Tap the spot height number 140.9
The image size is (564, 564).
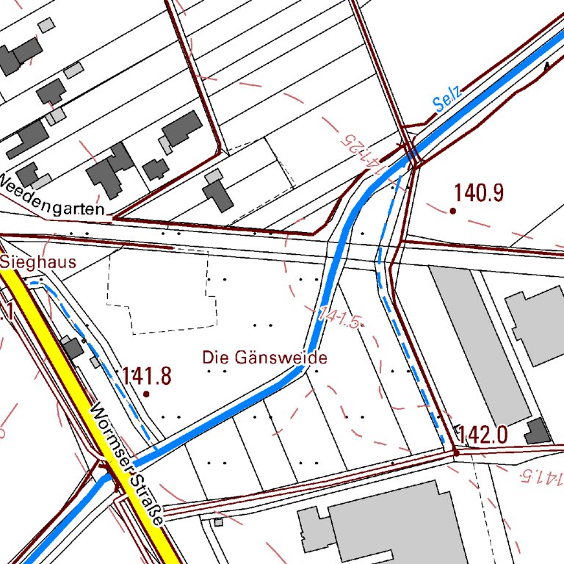pos(478,193)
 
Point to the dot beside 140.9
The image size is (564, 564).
pos(452,211)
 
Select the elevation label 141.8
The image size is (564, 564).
pos(146,377)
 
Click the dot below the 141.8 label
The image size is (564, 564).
pos(145,394)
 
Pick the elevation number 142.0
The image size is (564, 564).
pos(482,435)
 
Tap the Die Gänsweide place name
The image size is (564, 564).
pos(264,358)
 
